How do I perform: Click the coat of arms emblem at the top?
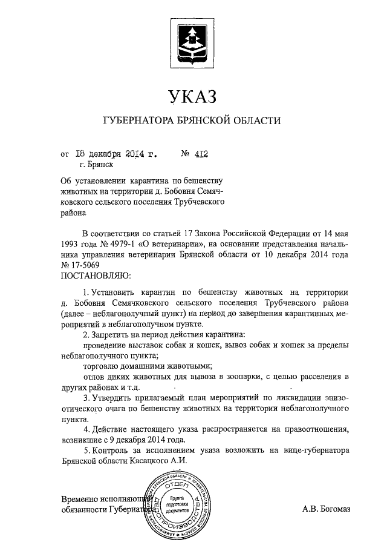[193, 42]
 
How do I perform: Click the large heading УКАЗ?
[192, 95]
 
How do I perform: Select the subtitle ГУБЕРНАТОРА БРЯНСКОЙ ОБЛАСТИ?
[192, 120]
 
